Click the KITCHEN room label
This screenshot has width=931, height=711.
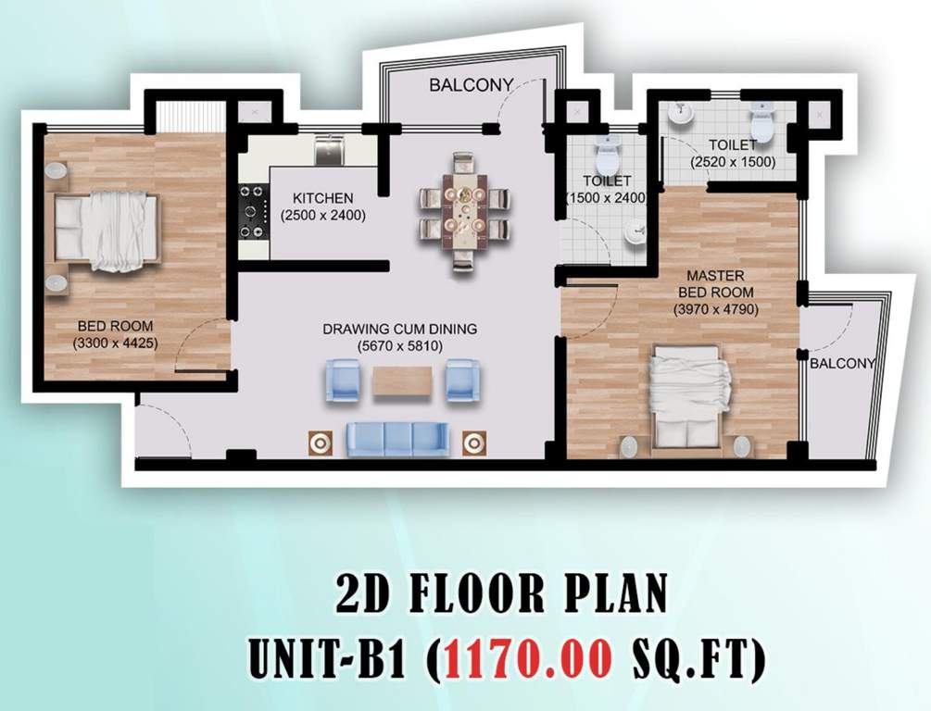click(322, 198)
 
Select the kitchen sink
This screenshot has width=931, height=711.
click(329, 150)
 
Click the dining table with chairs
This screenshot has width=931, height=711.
click(463, 212)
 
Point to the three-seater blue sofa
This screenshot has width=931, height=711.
click(397, 438)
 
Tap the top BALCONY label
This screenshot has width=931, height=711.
click(471, 85)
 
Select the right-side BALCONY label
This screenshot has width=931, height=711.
click(842, 364)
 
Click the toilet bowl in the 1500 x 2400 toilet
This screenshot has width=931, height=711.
click(608, 150)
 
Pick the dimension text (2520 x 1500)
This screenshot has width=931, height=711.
click(733, 162)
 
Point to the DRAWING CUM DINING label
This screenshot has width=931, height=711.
click(398, 329)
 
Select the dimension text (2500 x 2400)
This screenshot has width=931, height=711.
click(322, 216)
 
